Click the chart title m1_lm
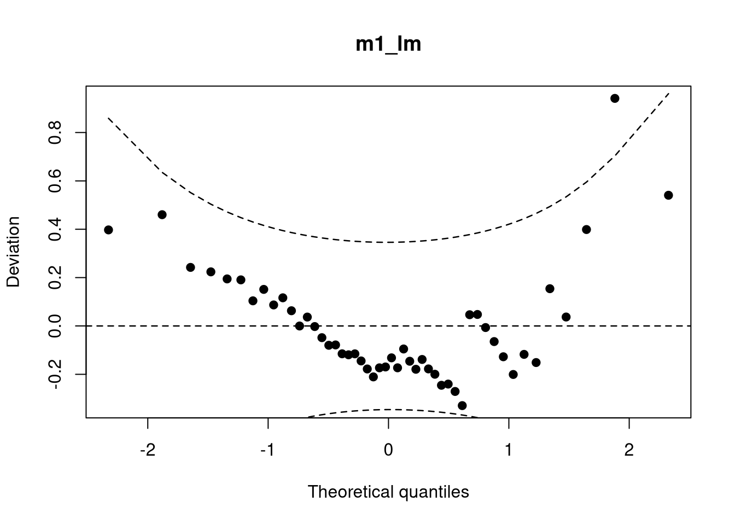[x=388, y=45]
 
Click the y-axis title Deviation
[x=14, y=252]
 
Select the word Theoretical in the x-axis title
[x=351, y=492]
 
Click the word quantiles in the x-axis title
[x=434, y=492]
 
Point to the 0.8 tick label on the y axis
[x=55, y=132]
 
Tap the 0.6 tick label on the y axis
[x=55, y=181]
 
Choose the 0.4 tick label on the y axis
[x=55, y=229]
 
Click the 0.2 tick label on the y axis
[x=55, y=278]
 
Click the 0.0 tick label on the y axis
[x=55, y=326]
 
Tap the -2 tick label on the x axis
[x=148, y=450]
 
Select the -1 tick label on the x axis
[x=268, y=450]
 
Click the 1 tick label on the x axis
[x=509, y=450]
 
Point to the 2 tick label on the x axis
[x=629, y=450]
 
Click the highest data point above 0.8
[x=615, y=98]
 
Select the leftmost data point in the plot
[x=109, y=230]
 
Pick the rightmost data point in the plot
[x=668, y=195]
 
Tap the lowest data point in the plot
[x=462, y=406]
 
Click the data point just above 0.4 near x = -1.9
[x=162, y=215]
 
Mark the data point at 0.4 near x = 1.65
[x=586, y=230]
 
